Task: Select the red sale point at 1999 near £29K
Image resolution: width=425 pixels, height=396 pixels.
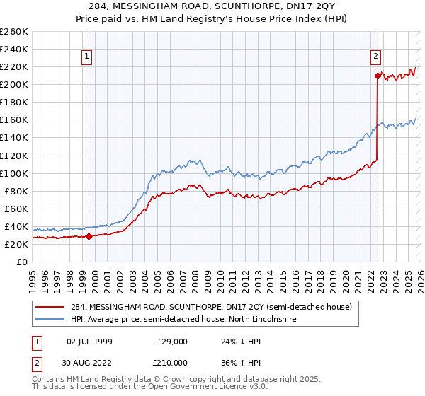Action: pyautogui.click(x=89, y=236)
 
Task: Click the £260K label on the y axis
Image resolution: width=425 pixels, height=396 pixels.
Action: pyautogui.click(x=13, y=32)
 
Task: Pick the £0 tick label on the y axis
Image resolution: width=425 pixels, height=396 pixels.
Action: pyautogui.click(x=22, y=262)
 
